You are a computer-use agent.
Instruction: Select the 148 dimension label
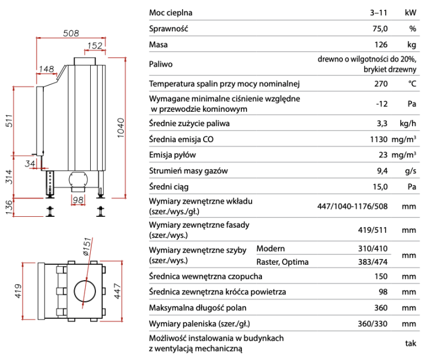(46, 69)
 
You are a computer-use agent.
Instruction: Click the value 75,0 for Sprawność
(380, 29)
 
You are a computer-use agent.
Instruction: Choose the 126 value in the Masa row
(381, 45)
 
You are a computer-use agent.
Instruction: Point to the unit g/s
(410, 170)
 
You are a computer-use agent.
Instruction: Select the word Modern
(270, 249)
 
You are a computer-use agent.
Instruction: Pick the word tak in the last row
(410, 343)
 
